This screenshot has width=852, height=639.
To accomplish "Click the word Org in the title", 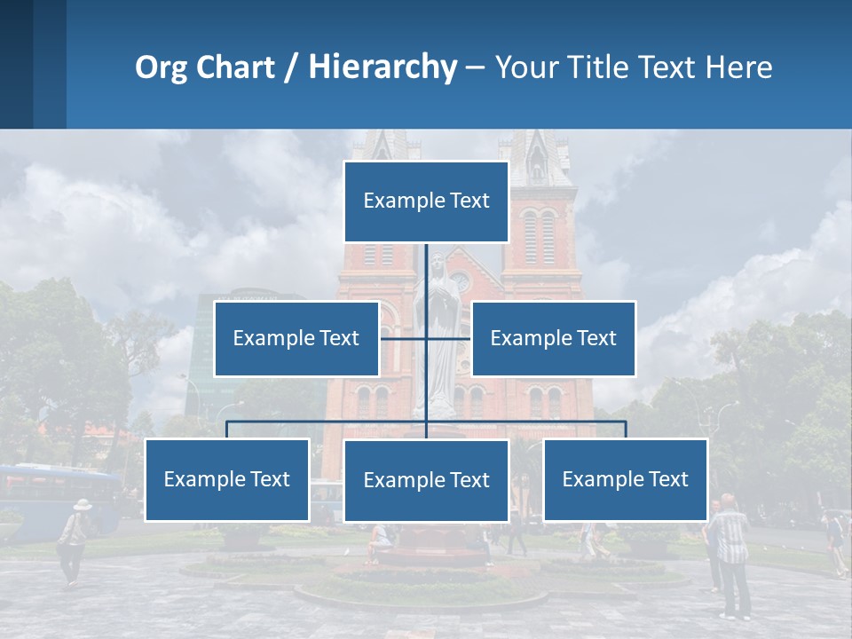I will coord(161,67).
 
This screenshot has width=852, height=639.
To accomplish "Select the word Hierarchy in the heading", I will coord(383,67).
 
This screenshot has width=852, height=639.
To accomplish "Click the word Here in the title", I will coord(738,67).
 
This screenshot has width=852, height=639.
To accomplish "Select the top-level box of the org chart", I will coord(426,201).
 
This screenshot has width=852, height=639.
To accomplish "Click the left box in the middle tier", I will coord(296,338).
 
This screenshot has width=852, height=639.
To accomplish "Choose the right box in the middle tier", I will coord(553,338).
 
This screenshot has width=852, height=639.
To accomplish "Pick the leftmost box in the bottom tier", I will coord(227,479).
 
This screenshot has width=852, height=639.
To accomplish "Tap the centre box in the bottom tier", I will coord(426,481).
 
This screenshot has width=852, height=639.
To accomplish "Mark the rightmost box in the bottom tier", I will coord(625,479).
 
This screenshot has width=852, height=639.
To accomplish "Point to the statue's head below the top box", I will coord(436,264).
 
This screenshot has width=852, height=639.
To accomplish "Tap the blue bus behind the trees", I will coord(53,497).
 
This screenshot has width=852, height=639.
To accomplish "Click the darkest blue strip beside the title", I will coord(16,64).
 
